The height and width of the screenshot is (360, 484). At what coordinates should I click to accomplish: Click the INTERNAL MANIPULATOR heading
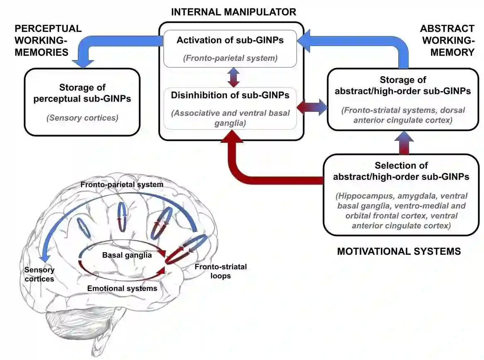pyautogui.click(x=234, y=11)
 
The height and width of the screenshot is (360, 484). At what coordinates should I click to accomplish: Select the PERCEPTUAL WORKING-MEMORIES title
pyautogui.click(x=48, y=40)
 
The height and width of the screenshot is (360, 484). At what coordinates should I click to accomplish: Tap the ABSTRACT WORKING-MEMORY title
pyautogui.click(x=447, y=40)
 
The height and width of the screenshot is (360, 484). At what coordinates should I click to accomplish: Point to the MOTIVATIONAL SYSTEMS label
pyautogui.click(x=399, y=251)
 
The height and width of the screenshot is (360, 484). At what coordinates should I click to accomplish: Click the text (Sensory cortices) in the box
pyautogui.click(x=82, y=118)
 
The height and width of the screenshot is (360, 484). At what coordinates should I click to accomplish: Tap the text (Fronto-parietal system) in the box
pyautogui.click(x=230, y=58)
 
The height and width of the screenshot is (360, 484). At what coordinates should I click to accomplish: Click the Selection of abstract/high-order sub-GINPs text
pyautogui.click(x=401, y=171)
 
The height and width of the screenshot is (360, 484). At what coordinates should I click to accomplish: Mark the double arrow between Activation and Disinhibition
pyautogui.click(x=234, y=77)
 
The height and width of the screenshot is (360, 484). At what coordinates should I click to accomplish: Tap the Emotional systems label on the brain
pyautogui.click(x=122, y=288)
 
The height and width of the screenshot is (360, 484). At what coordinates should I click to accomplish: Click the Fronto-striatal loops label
pyautogui.click(x=220, y=271)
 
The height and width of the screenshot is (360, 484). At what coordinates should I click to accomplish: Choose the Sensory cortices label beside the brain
pyautogui.click(x=39, y=274)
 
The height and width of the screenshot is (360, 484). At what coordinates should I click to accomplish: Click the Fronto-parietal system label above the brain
pyautogui.click(x=122, y=184)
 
